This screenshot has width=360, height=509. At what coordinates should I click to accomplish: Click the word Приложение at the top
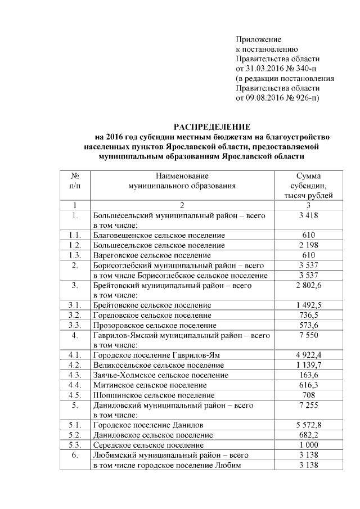[x=258, y=39]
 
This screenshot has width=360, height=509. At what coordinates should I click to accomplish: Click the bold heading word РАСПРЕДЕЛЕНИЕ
[x=211, y=126]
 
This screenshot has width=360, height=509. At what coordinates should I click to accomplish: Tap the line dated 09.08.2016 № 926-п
[x=277, y=98]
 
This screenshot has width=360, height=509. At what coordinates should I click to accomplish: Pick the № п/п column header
[x=75, y=180]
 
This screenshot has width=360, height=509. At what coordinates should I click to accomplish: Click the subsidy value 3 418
[x=308, y=215]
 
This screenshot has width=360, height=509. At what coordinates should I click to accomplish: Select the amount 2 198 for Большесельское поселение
[x=308, y=245]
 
